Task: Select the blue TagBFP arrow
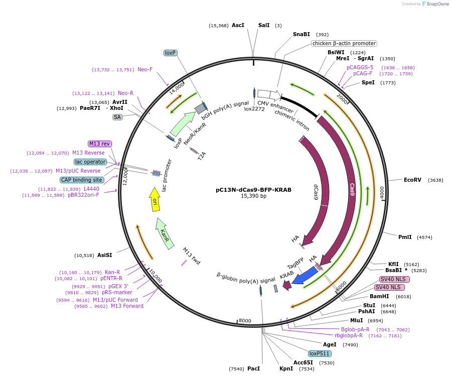[305, 276]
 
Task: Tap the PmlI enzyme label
[405, 237]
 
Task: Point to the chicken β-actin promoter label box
[344, 43]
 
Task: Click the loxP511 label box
[320, 353]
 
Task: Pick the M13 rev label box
[99, 144]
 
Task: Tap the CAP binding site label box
[82, 180]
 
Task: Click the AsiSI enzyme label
[105, 255]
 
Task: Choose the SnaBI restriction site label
[302, 34]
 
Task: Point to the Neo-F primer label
[145, 69]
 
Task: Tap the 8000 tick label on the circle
[244, 320]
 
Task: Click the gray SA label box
[117, 117]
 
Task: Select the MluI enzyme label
[356, 320]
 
